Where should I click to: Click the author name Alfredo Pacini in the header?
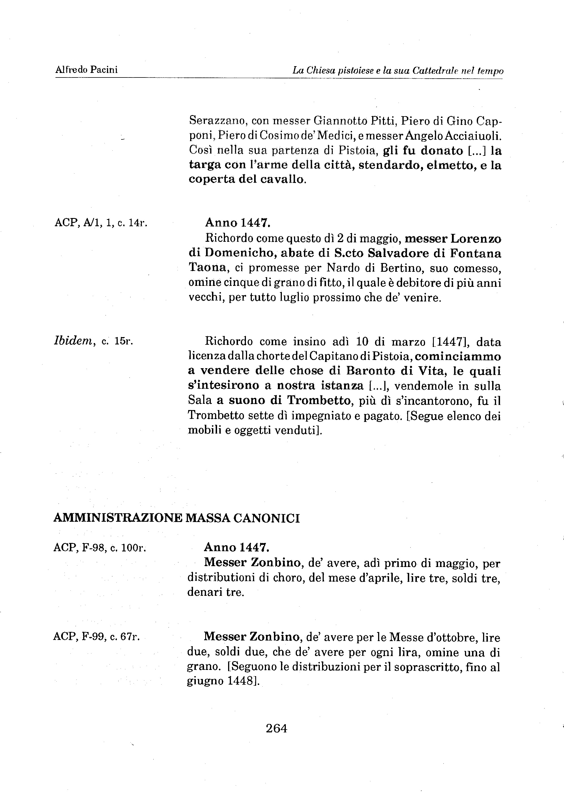86,70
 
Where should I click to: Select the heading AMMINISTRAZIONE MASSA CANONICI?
176,518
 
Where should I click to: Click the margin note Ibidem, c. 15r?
93,341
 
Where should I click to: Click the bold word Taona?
207,268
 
